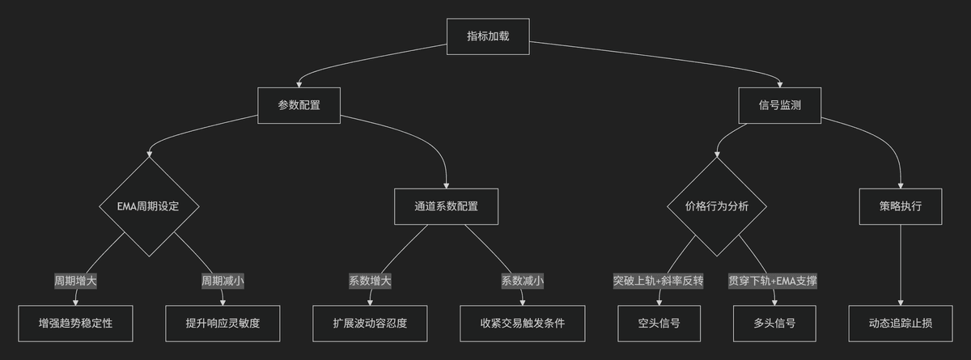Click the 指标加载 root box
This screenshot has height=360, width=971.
pos(488,36)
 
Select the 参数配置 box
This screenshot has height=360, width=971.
pos(299,106)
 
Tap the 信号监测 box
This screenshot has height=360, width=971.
pos(780,106)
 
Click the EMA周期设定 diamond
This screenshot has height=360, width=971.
pos(149,206)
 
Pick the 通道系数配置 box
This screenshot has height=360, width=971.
pos(446,206)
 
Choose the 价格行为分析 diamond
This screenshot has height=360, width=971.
pos(717,206)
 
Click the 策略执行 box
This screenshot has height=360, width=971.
pos(901,206)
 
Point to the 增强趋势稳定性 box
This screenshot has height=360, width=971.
pos(75,324)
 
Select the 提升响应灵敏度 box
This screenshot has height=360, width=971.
pos(223,324)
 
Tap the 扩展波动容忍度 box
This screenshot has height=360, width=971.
pos(371,324)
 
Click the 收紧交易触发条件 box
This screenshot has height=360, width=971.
pos(523,324)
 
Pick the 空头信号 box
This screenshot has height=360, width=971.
pos(659,324)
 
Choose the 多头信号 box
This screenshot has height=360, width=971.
pos(774,324)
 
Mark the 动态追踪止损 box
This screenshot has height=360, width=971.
pos(901,324)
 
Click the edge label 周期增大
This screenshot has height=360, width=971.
pos(75,282)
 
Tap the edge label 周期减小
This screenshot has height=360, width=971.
pos(223,282)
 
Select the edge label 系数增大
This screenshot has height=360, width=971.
pos(371,282)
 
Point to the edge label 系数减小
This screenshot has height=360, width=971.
pos(523,282)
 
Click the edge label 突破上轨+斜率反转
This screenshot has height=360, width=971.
pos(659,282)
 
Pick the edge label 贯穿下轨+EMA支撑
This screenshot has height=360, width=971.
pos(773,282)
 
